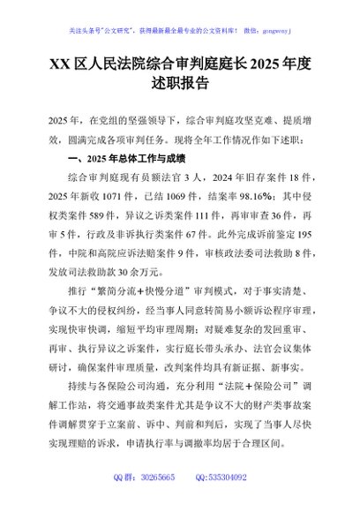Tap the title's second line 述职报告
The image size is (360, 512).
point(179,85)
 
